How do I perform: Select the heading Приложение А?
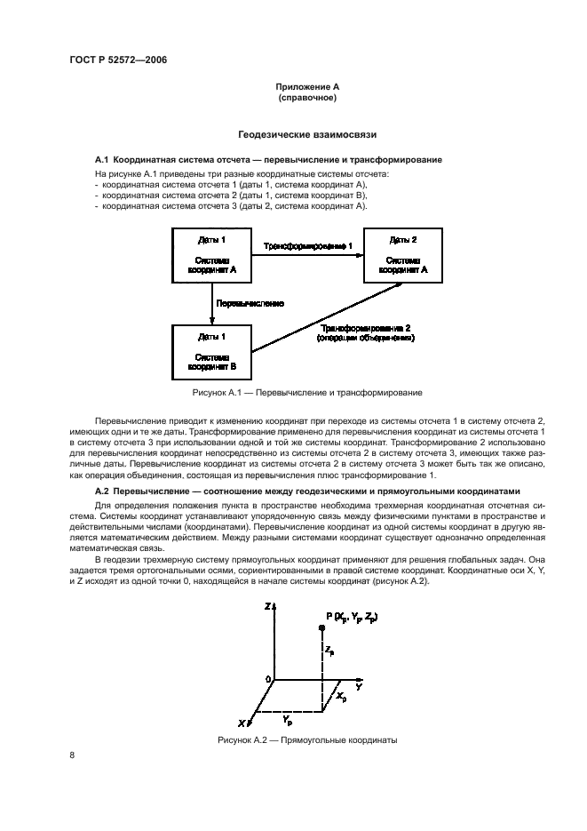pos(306,87)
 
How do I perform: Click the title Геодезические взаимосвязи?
pos(307,135)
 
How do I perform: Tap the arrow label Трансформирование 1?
pos(308,244)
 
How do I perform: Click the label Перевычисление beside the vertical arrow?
pos(251,303)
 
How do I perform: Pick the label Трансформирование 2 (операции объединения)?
pos(366,332)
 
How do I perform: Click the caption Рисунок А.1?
pos(307,392)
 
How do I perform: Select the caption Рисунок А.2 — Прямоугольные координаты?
pos(307,739)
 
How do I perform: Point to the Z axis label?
pos(266,605)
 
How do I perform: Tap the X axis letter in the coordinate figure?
pos(241,723)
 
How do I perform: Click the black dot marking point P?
pos(321,627)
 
